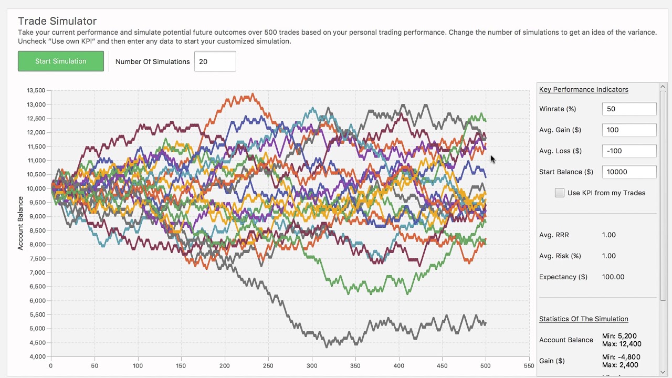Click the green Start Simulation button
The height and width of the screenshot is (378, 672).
coord(60,61)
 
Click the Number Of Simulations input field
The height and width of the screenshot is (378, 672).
coord(215,61)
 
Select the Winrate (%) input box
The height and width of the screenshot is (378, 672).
coord(629,109)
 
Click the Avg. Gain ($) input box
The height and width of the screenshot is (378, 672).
coord(629,130)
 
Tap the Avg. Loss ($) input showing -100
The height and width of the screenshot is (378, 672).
coord(629,151)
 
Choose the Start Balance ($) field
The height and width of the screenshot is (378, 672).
coord(629,172)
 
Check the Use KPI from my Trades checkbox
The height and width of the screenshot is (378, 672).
coord(560,193)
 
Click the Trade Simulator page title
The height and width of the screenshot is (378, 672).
coord(57,21)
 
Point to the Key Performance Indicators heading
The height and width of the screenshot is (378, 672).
coord(583,89)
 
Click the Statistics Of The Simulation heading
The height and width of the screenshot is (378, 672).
coord(583,319)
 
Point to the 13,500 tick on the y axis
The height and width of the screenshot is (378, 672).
coord(36,90)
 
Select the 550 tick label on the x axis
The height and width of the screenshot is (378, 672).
coord(529,366)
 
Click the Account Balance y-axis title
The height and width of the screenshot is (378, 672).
coord(20,223)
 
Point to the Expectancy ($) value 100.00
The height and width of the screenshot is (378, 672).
coord(613,277)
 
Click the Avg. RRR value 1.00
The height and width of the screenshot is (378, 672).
coord(609,235)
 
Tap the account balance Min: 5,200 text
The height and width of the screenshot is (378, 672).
coord(622,336)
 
